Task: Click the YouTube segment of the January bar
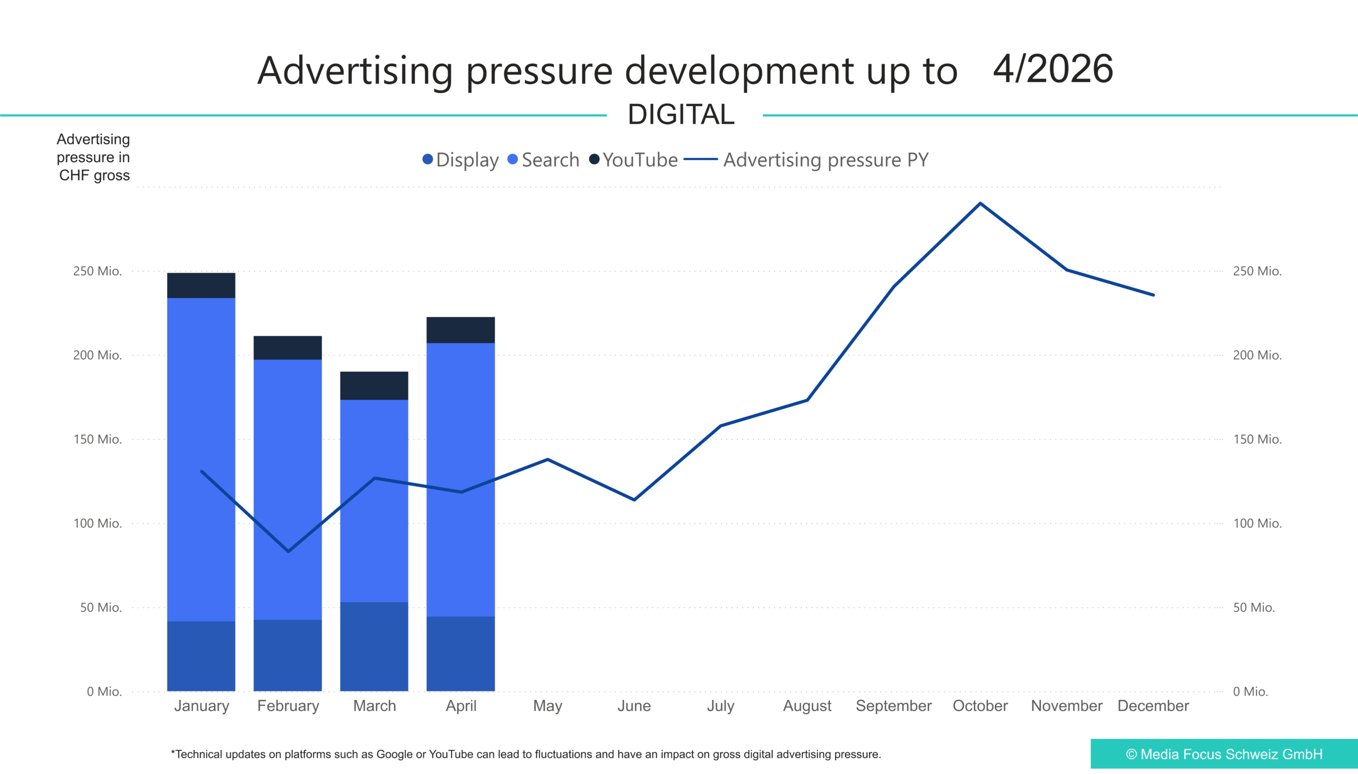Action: (x=201, y=285)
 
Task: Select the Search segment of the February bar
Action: (x=288, y=490)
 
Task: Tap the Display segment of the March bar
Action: (x=374, y=646)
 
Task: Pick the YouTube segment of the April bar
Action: (x=460, y=330)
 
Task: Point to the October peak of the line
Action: (x=980, y=203)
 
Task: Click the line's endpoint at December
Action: (x=1153, y=295)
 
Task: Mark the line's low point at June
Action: (x=634, y=500)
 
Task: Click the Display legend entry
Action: (x=460, y=160)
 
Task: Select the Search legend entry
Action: (x=544, y=160)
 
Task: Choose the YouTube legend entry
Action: (x=633, y=160)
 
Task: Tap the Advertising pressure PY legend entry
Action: (x=806, y=160)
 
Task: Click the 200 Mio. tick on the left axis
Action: (x=98, y=355)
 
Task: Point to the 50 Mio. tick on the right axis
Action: (x=1253, y=607)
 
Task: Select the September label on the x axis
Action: (x=894, y=706)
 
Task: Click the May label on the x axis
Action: (x=547, y=706)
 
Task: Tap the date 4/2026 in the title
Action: (x=1053, y=69)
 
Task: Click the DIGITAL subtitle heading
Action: (x=681, y=115)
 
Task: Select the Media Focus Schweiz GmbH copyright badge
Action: (x=1224, y=754)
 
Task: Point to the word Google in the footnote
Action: (x=394, y=754)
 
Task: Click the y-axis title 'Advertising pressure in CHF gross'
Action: (x=93, y=157)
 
